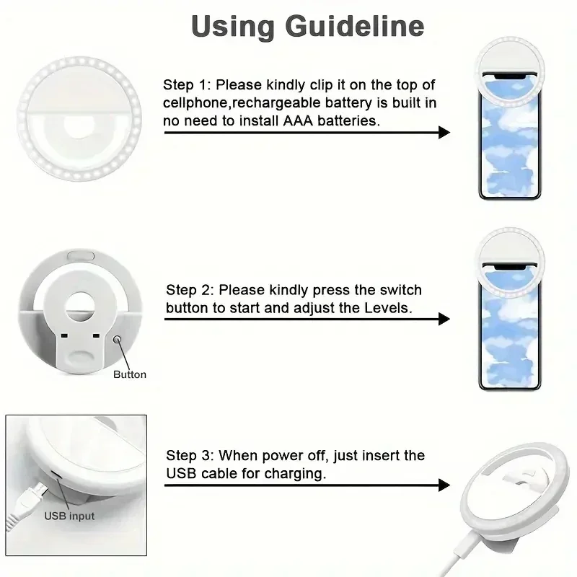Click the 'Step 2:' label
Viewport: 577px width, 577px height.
(x=190, y=290)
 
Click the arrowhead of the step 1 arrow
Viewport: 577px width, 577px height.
(x=444, y=132)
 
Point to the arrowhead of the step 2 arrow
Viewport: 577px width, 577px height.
(x=444, y=318)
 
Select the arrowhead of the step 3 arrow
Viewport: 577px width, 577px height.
(x=444, y=485)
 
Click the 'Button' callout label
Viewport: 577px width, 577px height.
(x=130, y=374)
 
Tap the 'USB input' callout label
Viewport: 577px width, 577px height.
(x=69, y=516)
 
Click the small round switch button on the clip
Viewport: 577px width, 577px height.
(x=116, y=338)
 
